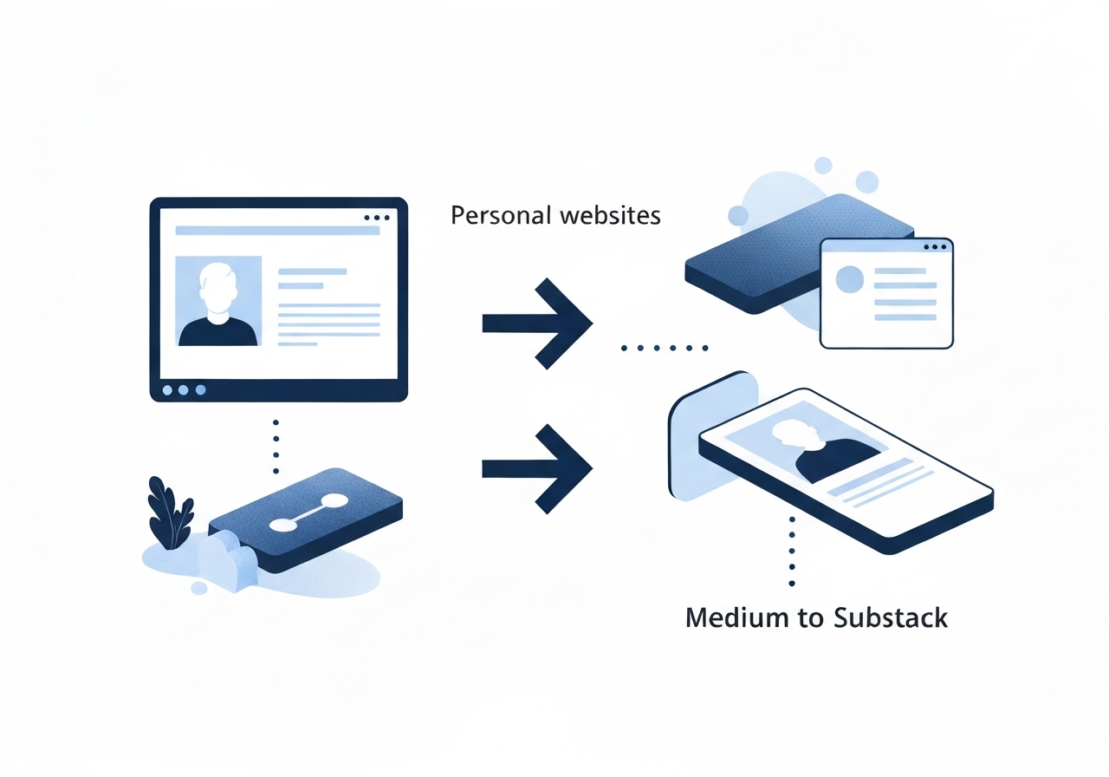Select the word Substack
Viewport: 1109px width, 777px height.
pyautogui.click(x=890, y=617)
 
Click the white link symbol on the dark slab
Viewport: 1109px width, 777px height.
pyautogui.click(x=308, y=512)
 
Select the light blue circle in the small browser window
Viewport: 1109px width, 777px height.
pyautogui.click(x=849, y=279)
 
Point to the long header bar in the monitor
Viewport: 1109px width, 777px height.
pyautogui.click(x=277, y=231)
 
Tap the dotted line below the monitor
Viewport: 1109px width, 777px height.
pyautogui.click(x=276, y=447)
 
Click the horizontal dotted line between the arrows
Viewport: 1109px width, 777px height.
pyautogui.click(x=665, y=349)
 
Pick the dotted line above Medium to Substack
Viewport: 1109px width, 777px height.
pyautogui.click(x=791, y=551)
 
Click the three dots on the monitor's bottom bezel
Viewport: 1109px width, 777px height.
pyautogui.click(x=183, y=390)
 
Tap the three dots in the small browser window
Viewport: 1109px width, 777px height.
pyautogui.click(x=936, y=247)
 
